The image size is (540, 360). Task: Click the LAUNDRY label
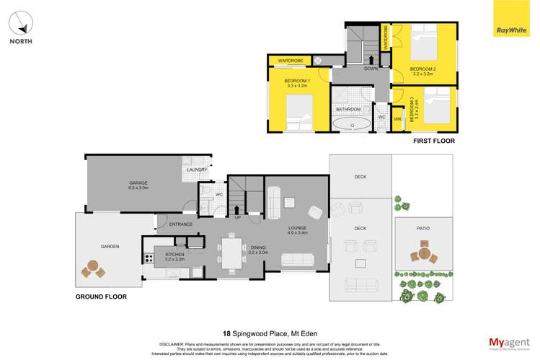(x=197, y=170)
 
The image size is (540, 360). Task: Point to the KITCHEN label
(x=175, y=254)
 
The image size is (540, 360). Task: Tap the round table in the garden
(x=92, y=268)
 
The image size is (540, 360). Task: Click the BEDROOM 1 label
(x=297, y=81)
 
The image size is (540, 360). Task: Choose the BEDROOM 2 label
(x=424, y=69)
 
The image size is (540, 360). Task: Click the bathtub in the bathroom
(x=353, y=124)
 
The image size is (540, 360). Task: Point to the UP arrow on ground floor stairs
(x=237, y=211)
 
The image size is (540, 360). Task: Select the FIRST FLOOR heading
(x=433, y=141)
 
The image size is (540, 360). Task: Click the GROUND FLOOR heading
(x=101, y=297)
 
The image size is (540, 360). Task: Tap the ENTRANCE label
(x=180, y=224)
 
